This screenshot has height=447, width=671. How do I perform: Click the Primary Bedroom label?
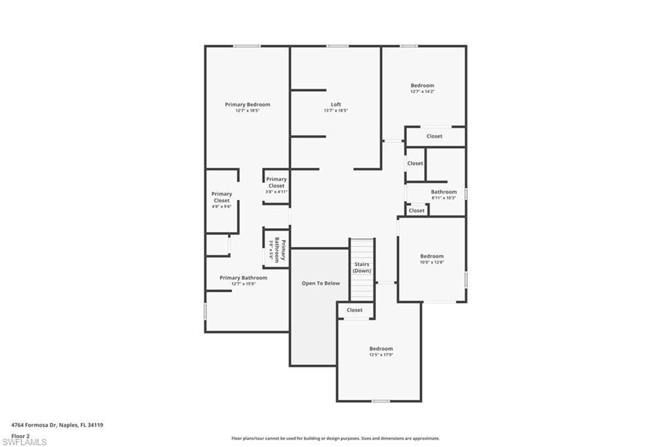point(247,105)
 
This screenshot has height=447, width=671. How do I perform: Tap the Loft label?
point(335,105)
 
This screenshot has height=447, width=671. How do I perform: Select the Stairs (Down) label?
point(362,267)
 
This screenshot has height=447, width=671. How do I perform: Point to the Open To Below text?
point(320,283)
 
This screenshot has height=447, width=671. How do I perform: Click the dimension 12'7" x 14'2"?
point(422,92)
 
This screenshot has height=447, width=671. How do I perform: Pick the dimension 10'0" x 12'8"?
point(432,262)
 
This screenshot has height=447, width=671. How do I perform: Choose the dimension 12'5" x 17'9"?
point(381,355)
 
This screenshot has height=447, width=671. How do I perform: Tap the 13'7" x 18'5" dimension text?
point(335,111)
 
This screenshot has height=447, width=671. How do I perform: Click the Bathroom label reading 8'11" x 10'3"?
point(444,192)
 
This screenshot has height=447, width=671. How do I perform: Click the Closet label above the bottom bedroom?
point(355,310)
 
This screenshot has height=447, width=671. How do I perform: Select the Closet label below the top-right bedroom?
point(434,136)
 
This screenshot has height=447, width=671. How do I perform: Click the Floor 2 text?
point(20,435)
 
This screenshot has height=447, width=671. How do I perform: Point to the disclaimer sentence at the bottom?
point(335,438)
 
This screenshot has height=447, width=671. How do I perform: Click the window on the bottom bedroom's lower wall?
point(380,400)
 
